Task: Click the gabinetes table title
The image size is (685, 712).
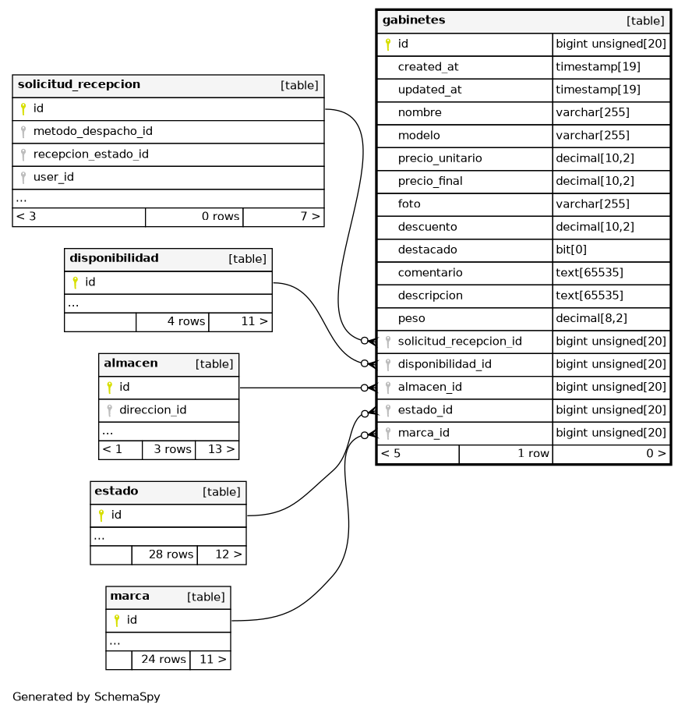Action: tap(414, 20)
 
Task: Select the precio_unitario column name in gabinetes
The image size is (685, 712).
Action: tap(440, 158)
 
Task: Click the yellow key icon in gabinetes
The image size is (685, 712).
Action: tap(387, 44)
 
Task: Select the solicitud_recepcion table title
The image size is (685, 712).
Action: tap(79, 84)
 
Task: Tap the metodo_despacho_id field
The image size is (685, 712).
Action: tap(92, 131)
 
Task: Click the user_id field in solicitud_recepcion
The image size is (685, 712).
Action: tap(53, 177)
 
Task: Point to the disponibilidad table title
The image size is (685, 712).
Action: tap(114, 258)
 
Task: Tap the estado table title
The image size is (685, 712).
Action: tap(116, 491)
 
